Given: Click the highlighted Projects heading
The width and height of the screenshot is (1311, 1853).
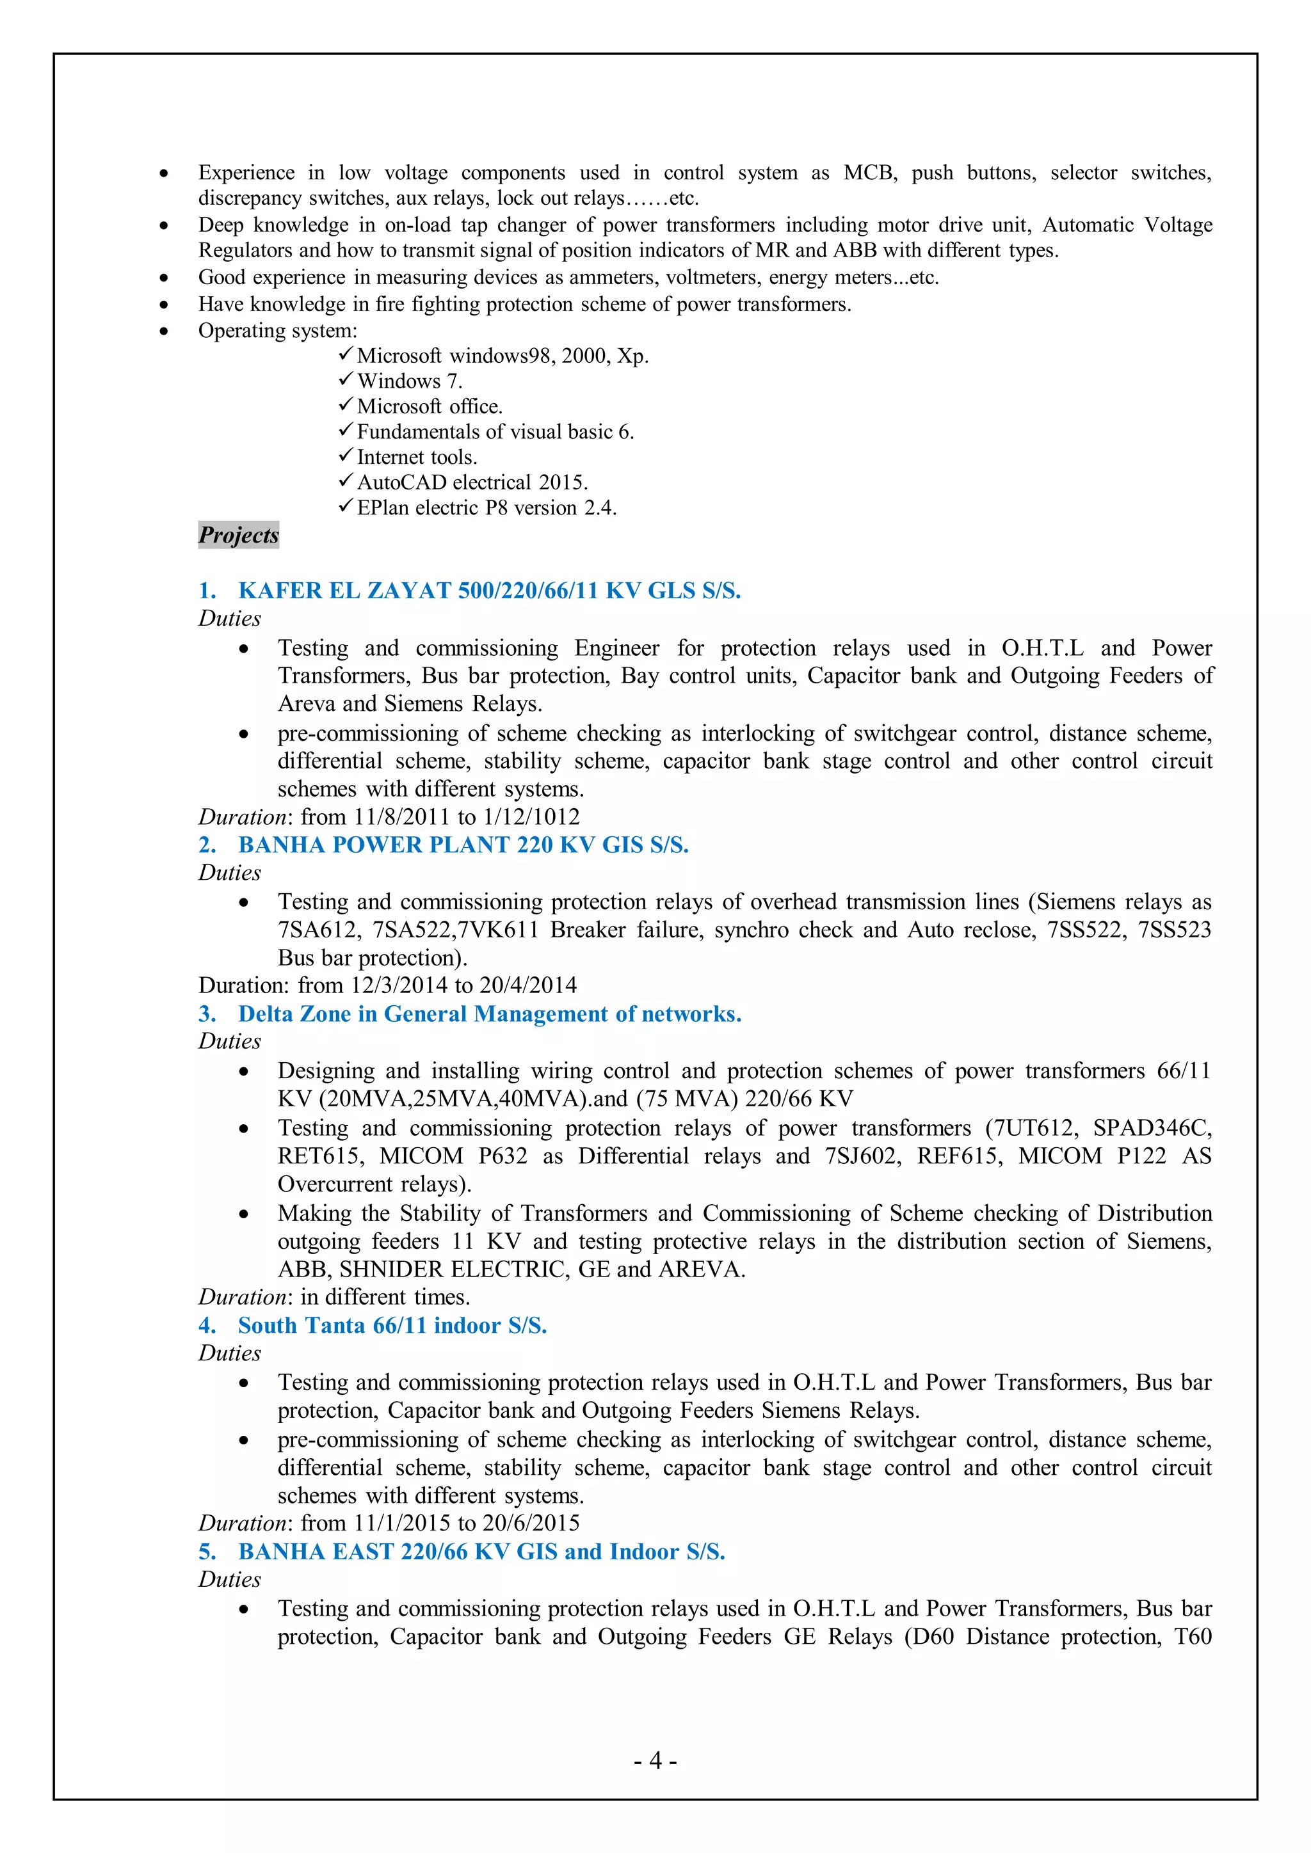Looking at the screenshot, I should pyautogui.click(x=238, y=534).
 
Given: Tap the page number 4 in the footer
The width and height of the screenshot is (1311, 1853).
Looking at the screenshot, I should pyautogui.click(x=655, y=1760).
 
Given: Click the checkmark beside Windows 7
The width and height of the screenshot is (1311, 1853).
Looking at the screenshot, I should pyautogui.click(x=346, y=379).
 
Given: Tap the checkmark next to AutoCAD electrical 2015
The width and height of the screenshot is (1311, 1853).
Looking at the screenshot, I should pyautogui.click(x=346, y=481).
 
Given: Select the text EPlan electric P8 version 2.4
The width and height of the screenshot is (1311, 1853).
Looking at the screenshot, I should pyautogui.click(x=486, y=507).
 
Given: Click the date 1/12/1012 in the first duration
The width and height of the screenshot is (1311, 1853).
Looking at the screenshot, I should pyautogui.click(x=531, y=816).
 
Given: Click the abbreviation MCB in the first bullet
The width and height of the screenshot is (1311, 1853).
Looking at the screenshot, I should pyautogui.click(x=870, y=173).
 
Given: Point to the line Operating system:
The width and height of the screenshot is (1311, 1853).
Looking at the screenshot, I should pyautogui.click(x=278, y=331).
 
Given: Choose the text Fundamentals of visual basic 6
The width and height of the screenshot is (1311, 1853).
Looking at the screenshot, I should pyautogui.click(x=495, y=432).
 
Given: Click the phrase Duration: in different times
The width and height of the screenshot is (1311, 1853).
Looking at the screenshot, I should pyautogui.click(x=334, y=1297).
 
